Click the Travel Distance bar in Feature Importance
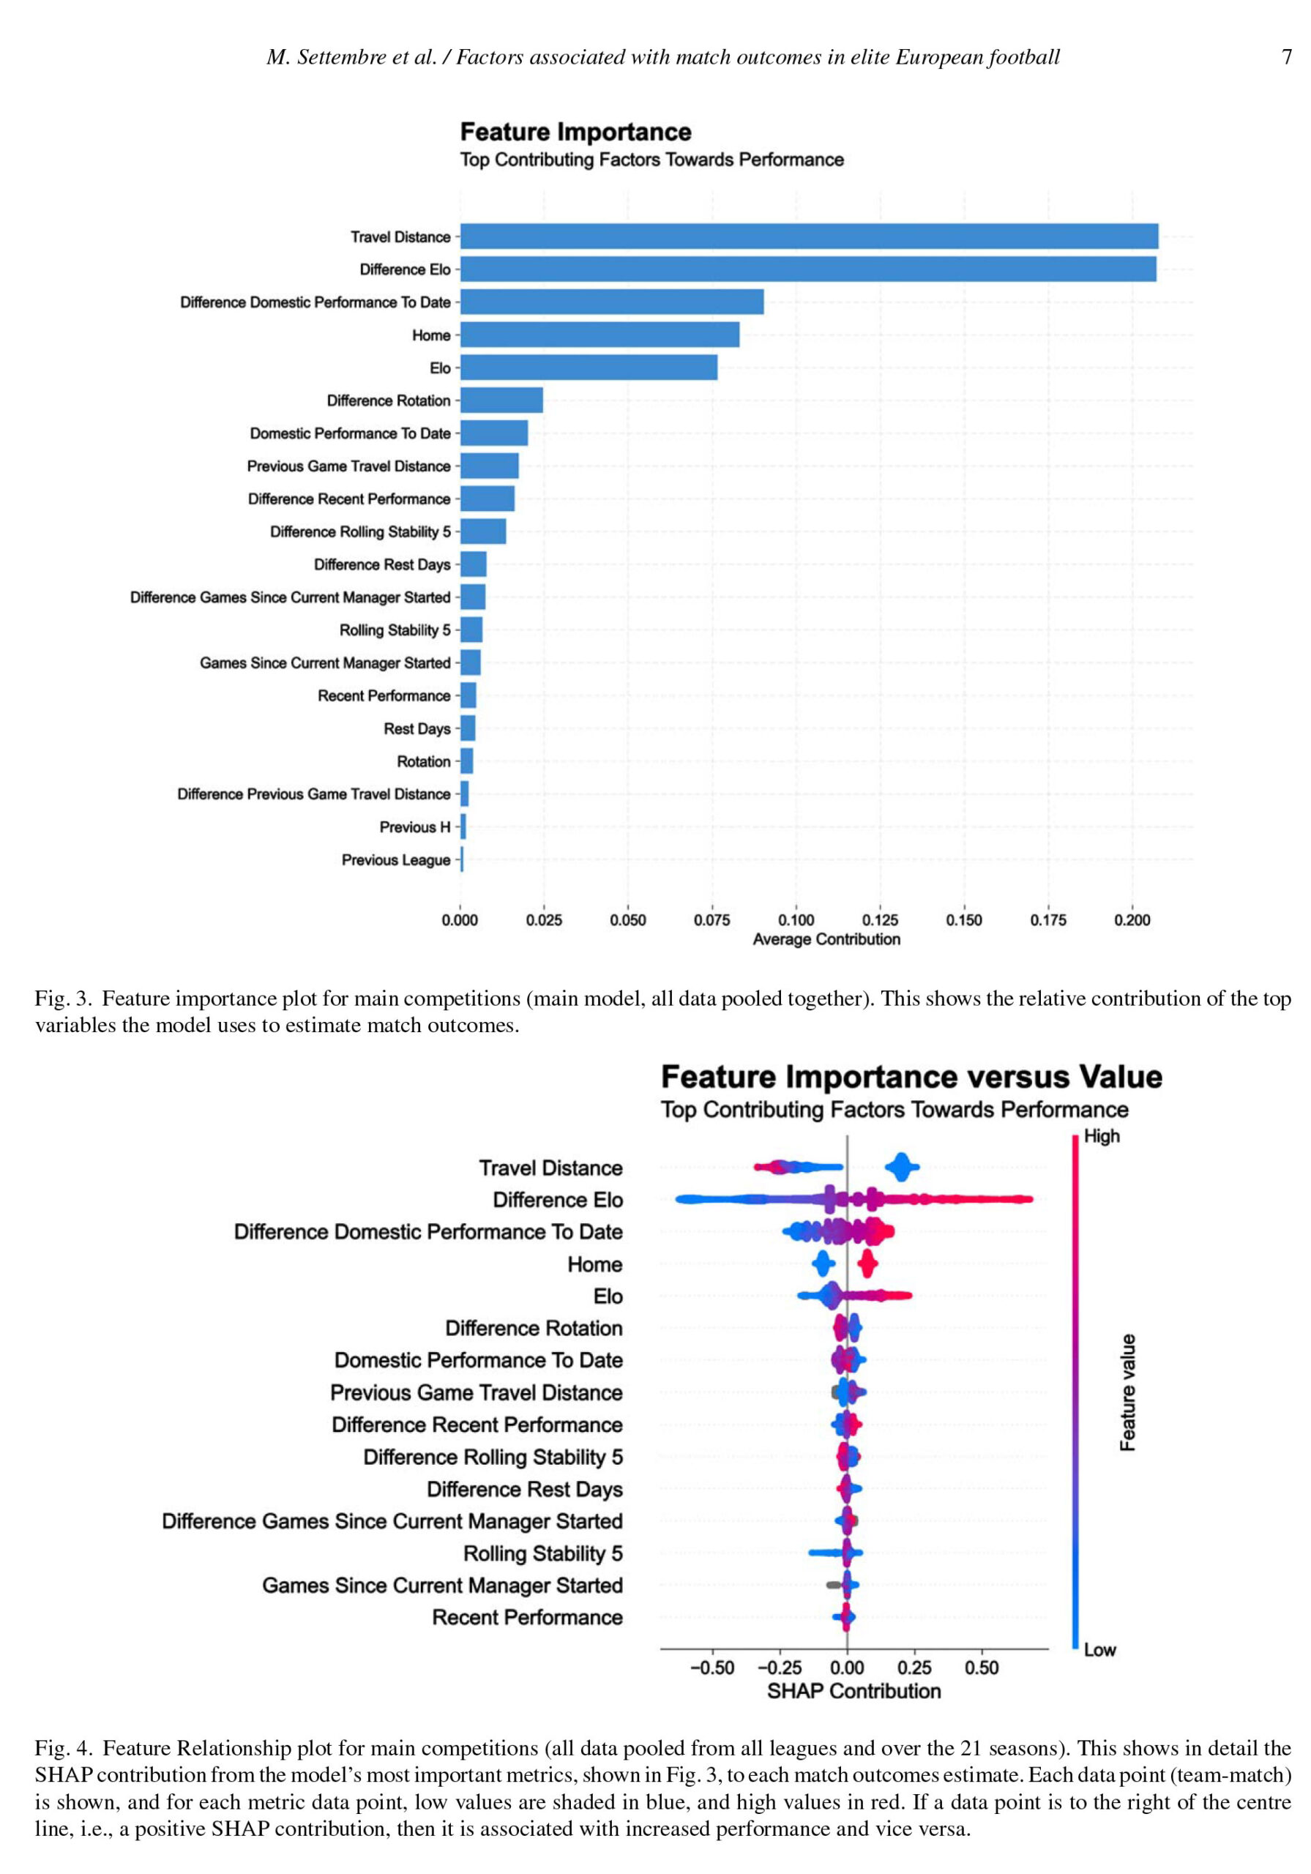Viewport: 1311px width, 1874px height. point(809,236)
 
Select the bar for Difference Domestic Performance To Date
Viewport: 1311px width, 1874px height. point(612,302)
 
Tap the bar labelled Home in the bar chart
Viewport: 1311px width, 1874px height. point(600,335)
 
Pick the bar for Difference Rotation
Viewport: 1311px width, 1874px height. point(501,400)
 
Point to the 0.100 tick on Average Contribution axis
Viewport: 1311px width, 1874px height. point(796,920)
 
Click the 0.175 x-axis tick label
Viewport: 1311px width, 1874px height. point(1048,920)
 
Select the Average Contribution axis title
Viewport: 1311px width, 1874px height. point(826,939)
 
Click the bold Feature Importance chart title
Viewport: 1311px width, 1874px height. point(575,132)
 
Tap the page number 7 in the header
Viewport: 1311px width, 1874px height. point(1287,56)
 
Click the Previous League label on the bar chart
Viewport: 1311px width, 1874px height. point(396,859)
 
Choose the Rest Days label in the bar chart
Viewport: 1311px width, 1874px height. point(417,728)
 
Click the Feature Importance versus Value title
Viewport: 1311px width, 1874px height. point(911,1077)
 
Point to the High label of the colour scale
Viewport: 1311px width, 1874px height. point(1101,1136)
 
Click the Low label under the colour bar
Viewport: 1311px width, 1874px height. point(1099,1649)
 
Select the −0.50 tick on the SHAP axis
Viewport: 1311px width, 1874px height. point(711,1668)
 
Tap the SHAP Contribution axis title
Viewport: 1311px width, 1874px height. point(854,1691)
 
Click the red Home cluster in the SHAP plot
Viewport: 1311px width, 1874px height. point(867,1264)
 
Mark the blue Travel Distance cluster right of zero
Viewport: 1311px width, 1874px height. point(901,1167)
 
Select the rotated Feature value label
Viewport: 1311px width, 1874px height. point(1127,1392)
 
